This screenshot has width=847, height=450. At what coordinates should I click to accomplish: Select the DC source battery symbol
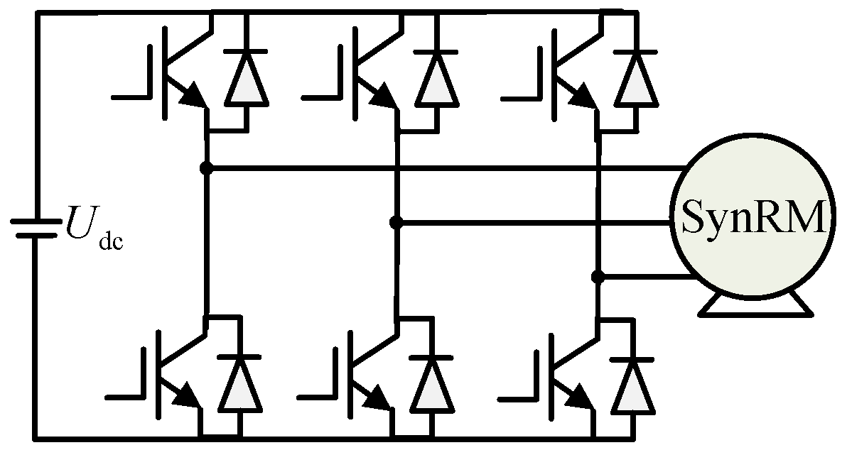(x=34, y=228)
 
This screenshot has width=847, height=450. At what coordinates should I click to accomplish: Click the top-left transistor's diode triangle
(x=247, y=78)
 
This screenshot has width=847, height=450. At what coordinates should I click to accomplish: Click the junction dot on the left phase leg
(x=206, y=168)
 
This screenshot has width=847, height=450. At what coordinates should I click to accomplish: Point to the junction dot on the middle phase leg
(x=396, y=223)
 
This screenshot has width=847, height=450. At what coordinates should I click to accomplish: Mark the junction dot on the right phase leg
(x=598, y=277)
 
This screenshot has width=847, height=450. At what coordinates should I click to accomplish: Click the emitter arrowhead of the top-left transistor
(x=193, y=98)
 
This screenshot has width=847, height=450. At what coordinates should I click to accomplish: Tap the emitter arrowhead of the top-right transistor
(x=583, y=98)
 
